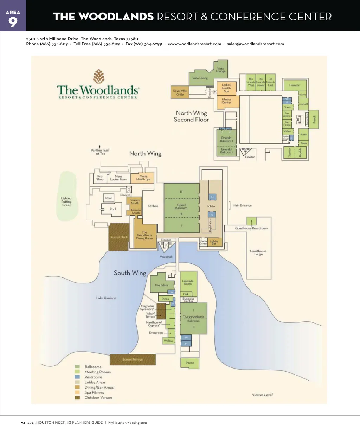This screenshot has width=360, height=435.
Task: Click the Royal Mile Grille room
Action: [x=180, y=92]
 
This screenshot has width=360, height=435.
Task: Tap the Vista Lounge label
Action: [x=220, y=70]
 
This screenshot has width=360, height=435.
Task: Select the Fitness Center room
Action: [x=226, y=101]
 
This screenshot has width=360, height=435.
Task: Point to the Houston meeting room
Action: [x=295, y=85]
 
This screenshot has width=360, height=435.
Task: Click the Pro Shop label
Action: [x=100, y=178]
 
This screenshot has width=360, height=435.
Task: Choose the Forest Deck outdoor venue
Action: [x=119, y=237]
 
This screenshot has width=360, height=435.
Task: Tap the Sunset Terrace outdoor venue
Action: [x=133, y=359]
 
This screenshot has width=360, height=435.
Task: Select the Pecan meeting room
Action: [x=190, y=363]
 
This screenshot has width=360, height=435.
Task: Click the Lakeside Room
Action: [x=188, y=282]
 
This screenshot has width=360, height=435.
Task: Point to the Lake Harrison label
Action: [x=106, y=298]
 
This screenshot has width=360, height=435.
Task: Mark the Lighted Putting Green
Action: [x=67, y=201]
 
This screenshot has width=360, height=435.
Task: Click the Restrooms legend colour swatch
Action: [x=77, y=377]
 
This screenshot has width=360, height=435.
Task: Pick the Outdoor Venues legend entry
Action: [x=98, y=398]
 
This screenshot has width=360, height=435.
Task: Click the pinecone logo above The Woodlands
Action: [x=99, y=76]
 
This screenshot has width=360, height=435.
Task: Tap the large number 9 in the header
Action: [x=13, y=22]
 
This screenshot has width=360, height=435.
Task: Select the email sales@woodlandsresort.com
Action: [x=255, y=44]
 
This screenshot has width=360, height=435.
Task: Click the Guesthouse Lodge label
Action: [x=258, y=252]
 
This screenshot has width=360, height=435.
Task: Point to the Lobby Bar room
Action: [x=214, y=242]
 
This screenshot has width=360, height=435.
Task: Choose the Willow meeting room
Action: [x=168, y=340]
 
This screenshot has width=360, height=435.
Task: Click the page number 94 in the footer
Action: [x=23, y=423]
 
